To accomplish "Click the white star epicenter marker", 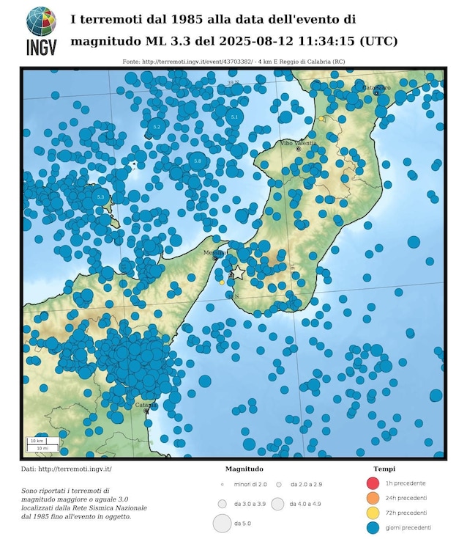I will [238, 271].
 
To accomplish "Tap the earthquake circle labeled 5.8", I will [197, 161].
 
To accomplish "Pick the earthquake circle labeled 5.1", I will [234, 117].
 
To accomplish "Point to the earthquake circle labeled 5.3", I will [100, 197].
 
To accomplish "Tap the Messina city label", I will [213, 252].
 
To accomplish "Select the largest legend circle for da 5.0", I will [222, 524].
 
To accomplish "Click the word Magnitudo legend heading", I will [244, 469].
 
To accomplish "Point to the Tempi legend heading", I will [385, 469].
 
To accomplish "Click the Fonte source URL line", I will [233, 62].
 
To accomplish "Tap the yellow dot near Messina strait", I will [222, 282].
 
